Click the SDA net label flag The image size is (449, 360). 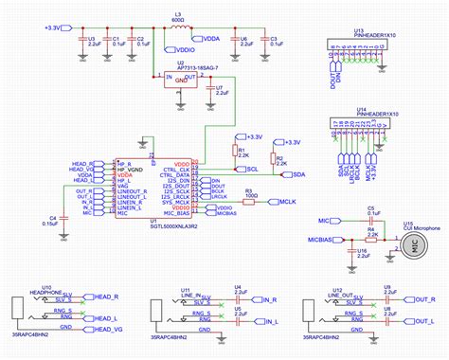(x=296, y=175)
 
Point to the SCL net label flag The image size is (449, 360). (x=250, y=169)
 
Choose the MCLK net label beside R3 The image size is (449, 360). (x=287, y=202)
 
